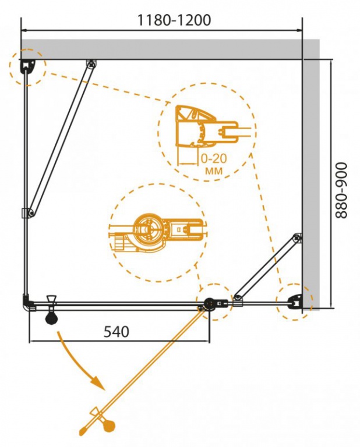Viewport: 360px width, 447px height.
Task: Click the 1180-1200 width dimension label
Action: click(x=174, y=20)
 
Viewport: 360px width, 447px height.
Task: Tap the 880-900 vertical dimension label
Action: click(x=341, y=190)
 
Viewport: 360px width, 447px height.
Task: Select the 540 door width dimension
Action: click(x=117, y=332)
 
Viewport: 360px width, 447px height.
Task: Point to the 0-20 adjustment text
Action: click(x=214, y=158)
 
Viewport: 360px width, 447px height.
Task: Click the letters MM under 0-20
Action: click(x=214, y=171)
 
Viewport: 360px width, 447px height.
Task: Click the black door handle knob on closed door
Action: click(x=52, y=318)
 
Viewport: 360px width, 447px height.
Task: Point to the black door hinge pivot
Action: click(x=210, y=303)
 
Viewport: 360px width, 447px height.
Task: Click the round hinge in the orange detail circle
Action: click(x=149, y=230)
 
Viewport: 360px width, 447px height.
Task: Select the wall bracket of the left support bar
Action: click(x=91, y=64)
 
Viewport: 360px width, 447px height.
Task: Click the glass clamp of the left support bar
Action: click(x=28, y=213)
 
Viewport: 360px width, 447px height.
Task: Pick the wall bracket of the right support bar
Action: click(x=298, y=237)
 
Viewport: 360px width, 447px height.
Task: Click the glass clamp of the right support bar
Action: click(x=238, y=300)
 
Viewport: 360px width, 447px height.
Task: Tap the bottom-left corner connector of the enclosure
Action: click(x=27, y=303)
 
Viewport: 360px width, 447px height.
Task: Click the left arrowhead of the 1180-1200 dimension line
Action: click(x=24, y=30)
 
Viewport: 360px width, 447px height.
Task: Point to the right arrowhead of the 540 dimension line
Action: click(x=207, y=340)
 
